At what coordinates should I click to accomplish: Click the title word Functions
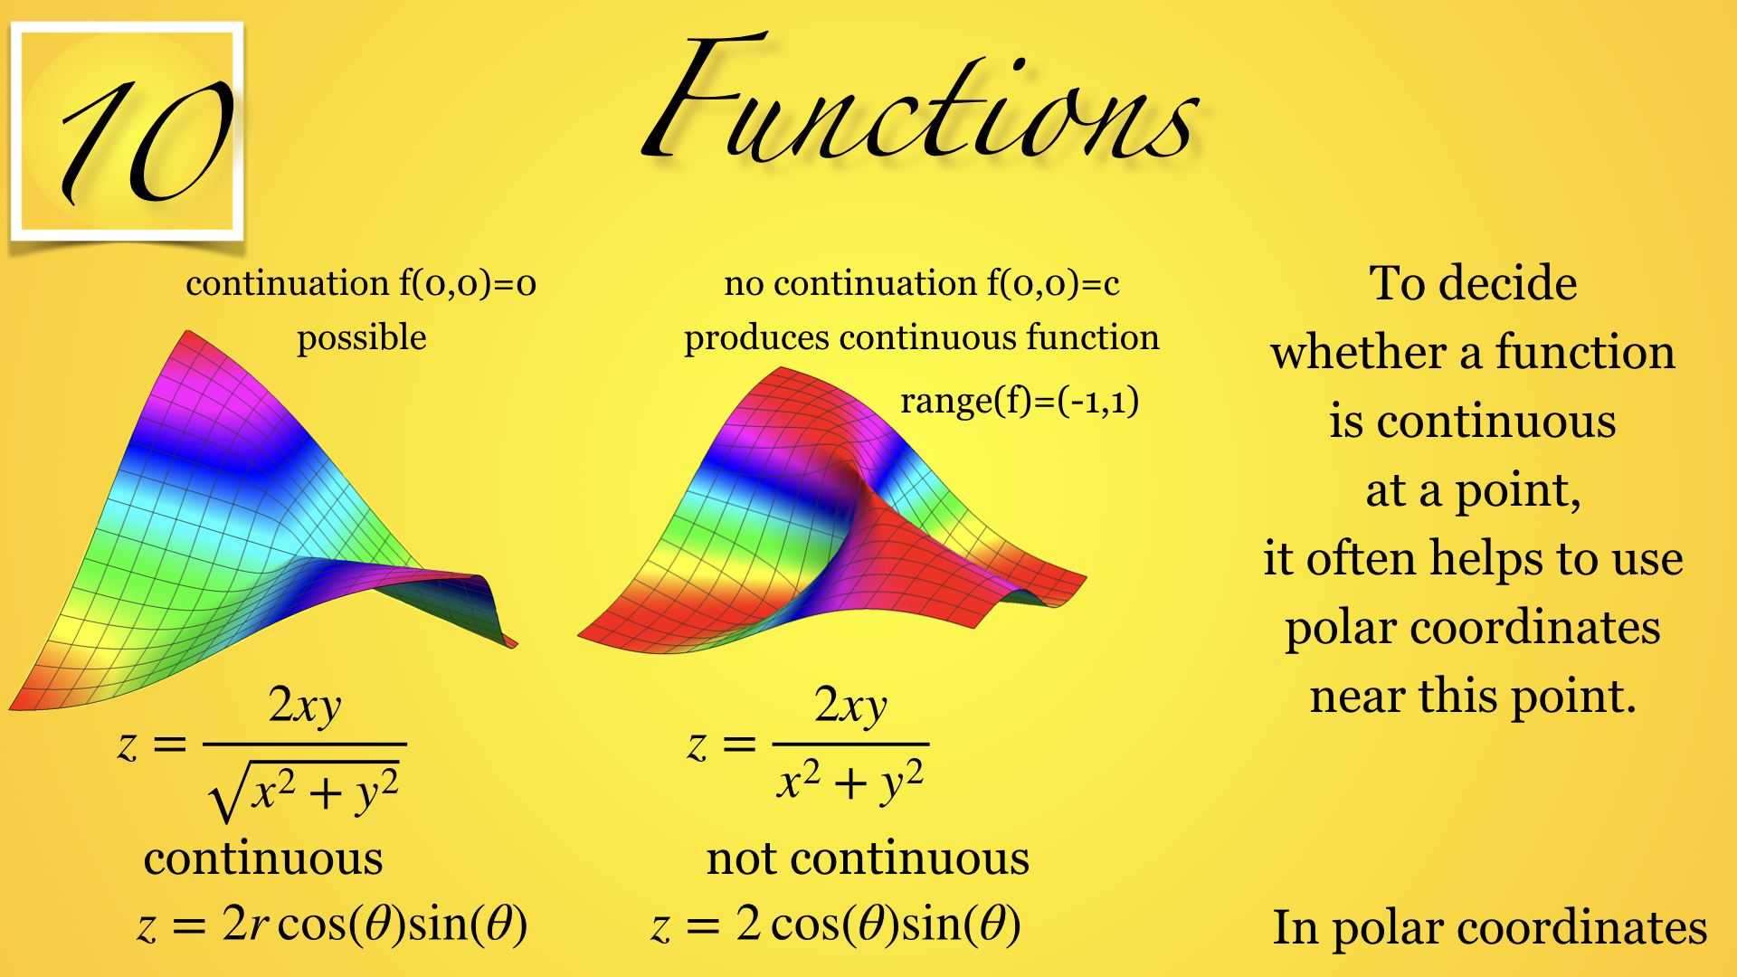point(921,101)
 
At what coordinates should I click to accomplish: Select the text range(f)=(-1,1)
point(1020,401)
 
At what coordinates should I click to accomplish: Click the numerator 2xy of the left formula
point(305,706)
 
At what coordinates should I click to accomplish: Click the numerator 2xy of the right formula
point(850,706)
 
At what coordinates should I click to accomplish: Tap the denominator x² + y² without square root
point(850,782)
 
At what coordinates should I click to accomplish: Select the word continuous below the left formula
point(263,858)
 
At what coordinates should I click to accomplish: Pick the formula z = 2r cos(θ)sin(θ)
point(332,925)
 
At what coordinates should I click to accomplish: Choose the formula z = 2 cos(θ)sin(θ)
point(836,925)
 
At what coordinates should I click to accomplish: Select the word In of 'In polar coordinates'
point(1295,927)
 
